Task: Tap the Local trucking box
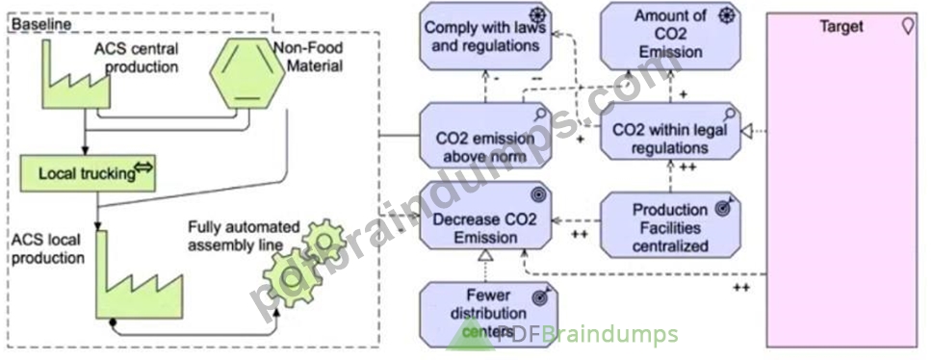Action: point(88,173)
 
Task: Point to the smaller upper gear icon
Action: point(324,239)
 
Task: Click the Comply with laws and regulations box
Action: point(485,37)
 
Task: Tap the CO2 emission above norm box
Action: point(485,136)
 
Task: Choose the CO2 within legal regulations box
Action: point(670,131)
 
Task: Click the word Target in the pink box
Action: point(841,27)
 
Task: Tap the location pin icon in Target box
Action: point(908,26)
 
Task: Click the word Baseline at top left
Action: point(41,25)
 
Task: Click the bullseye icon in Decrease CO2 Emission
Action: point(539,193)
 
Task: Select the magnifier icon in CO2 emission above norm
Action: point(540,114)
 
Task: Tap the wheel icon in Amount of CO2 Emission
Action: point(728,16)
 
